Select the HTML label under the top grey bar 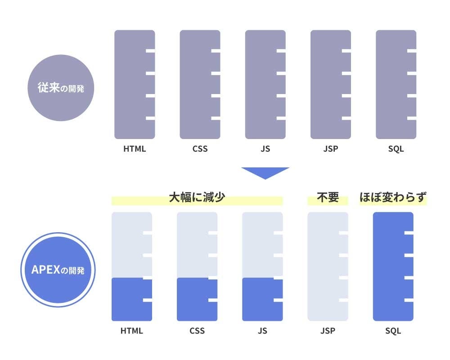(135, 149)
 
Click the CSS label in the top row (200, 149)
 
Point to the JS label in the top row (265, 149)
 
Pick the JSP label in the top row (331, 149)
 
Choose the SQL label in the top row (396, 149)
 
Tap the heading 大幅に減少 (197, 198)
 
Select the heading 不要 (328, 198)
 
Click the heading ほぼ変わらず (393, 198)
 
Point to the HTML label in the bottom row (132, 331)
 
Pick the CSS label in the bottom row (197, 331)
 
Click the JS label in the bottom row (262, 331)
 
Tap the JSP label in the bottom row (328, 331)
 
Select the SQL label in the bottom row (393, 331)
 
